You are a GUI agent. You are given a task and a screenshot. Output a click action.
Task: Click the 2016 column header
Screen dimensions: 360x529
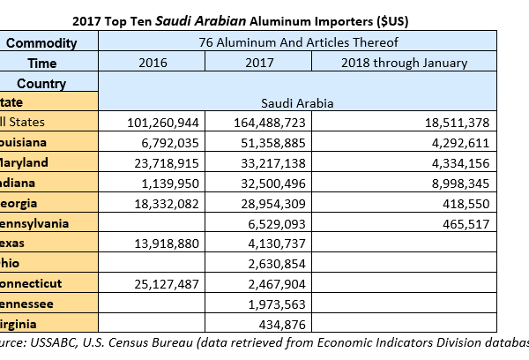click(158, 63)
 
